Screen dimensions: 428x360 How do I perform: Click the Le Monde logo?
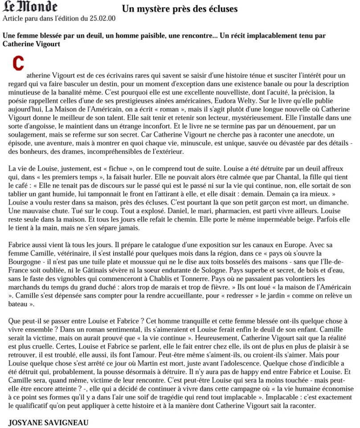point(30,7)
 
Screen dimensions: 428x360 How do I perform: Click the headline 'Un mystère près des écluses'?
point(180,9)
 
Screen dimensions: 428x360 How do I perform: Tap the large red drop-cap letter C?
point(18,63)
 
